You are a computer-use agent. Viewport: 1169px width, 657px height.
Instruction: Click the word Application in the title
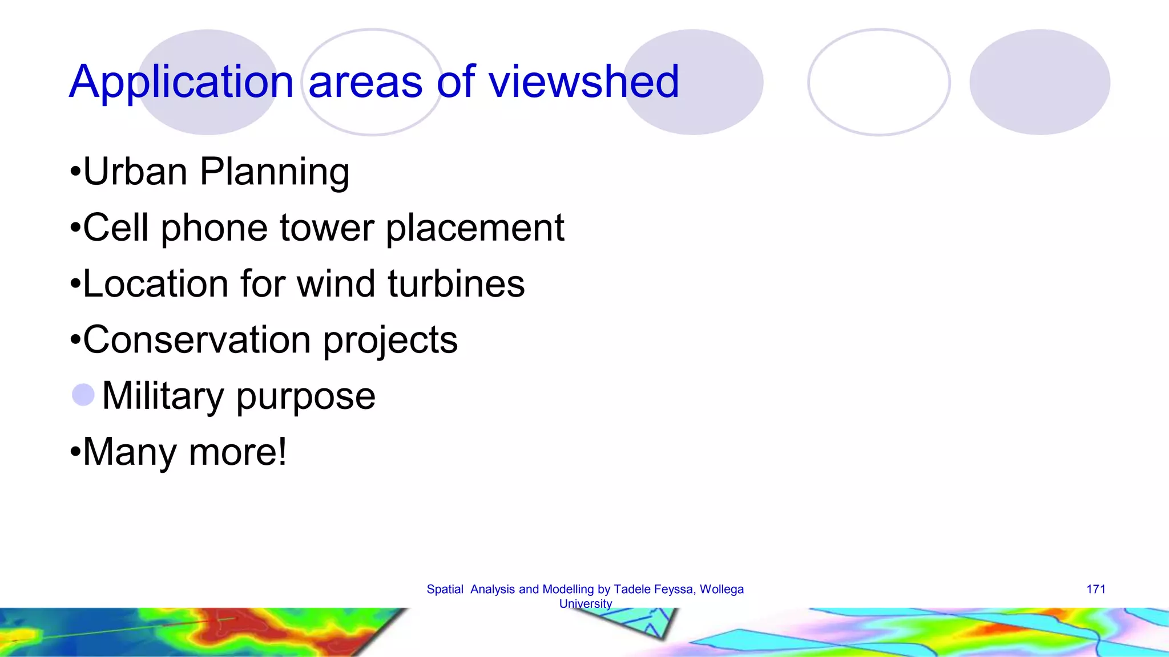pos(181,83)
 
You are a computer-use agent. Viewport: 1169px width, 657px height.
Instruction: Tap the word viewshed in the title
pos(584,82)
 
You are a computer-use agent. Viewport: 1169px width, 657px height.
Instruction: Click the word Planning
pos(275,172)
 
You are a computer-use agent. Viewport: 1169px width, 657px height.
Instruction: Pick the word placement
pos(475,229)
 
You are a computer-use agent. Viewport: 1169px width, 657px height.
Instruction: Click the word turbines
pos(456,283)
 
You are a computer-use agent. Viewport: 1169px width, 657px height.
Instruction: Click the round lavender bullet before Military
pos(83,395)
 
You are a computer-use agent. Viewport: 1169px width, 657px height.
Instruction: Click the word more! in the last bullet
pos(237,452)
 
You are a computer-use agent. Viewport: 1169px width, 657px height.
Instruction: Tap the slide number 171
pos(1096,589)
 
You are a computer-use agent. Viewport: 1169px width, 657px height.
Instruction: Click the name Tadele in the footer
pos(631,589)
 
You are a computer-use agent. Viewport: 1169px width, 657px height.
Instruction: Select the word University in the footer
pos(586,603)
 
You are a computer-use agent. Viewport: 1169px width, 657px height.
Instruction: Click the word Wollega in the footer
pos(721,589)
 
